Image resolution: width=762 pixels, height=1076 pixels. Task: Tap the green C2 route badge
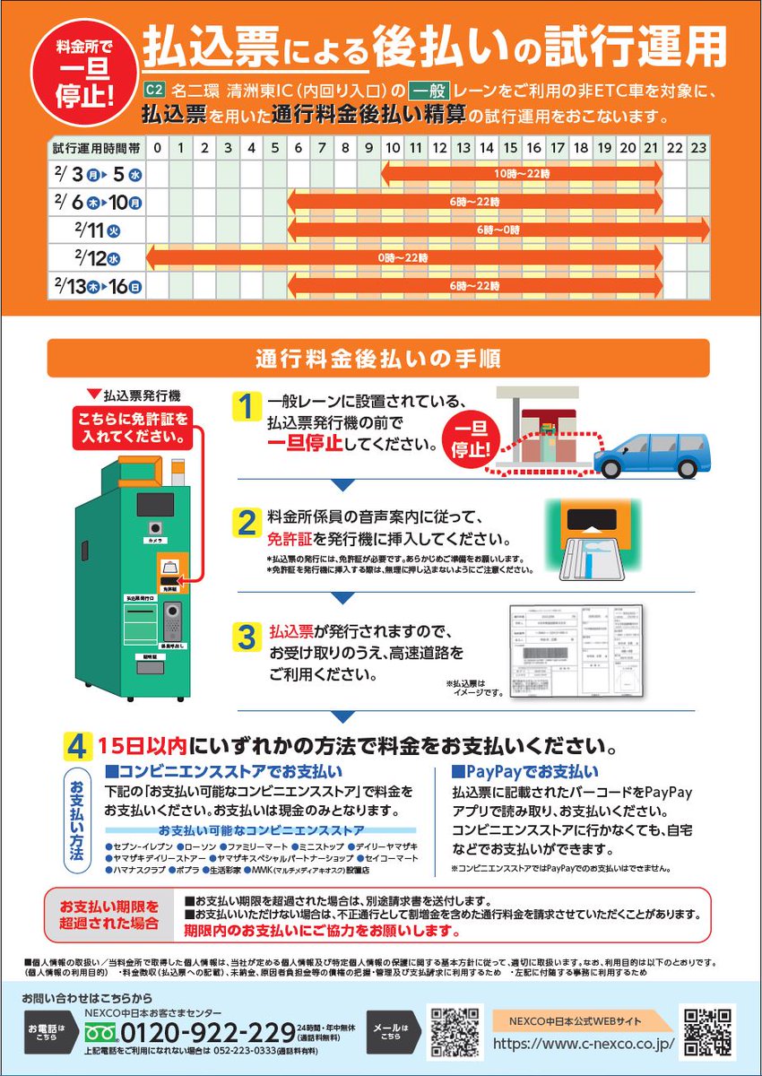(x=152, y=91)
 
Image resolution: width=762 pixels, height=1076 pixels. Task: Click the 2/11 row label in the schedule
(x=97, y=229)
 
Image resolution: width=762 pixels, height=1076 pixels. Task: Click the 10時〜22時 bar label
(x=521, y=171)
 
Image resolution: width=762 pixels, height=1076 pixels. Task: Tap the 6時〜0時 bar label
(x=498, y=230)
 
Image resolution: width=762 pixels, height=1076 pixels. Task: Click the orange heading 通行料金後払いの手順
(x=377, y=358)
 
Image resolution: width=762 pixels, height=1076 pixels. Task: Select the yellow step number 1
(x=244, y=407)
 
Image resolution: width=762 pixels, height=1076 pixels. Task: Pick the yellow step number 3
(x=246, y=638)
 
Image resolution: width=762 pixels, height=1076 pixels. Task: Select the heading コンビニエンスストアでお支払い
(x=224, y=771)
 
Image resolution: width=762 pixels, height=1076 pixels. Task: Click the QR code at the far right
(x=709, y=1030)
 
